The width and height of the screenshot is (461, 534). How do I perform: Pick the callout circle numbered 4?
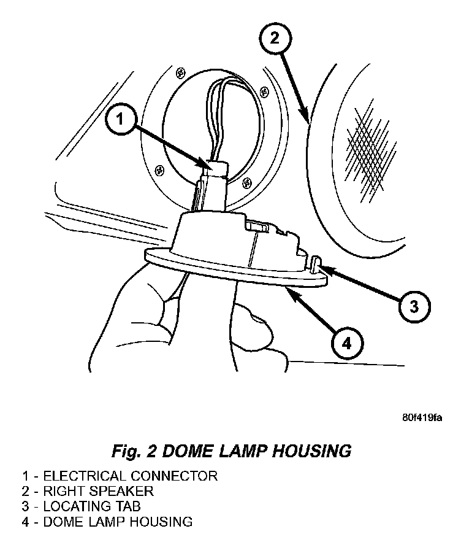pyautogui.click(x=346, y=344)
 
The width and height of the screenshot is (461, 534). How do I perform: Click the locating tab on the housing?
pyautogui.click(x=316, y=266)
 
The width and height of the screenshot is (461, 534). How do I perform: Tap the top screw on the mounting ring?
pyautogui.click(x=179, y=72)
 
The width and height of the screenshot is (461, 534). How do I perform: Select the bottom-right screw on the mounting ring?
pyautogui.click(x=248, y=181)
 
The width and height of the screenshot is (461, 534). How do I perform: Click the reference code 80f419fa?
pyautogui.click(x=422, y=418)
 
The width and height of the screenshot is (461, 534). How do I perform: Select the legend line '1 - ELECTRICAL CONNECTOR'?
pyautogui.click(x=120, y=475)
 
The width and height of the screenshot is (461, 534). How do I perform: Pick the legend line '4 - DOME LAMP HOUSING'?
pyautogui.click(x=107, y=522)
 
